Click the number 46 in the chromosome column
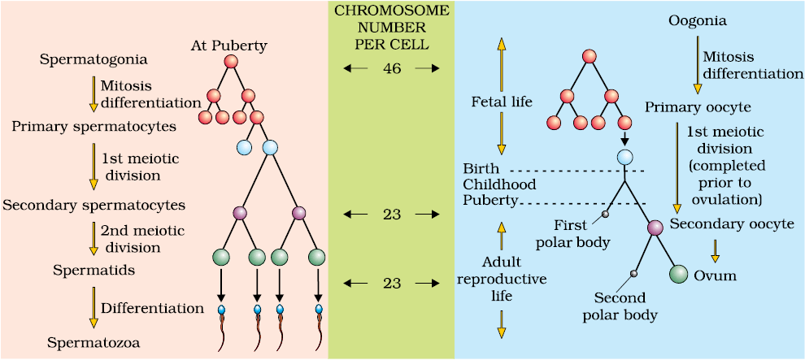392,68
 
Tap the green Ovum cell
678,275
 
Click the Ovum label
716,276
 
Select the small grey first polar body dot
605,214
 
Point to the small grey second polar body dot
634,274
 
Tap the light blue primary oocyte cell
624,156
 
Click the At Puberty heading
228,46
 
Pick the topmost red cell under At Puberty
231,62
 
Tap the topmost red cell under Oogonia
590,56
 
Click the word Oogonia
691,23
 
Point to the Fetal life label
502,102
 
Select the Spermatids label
86,270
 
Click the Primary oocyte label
692,109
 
